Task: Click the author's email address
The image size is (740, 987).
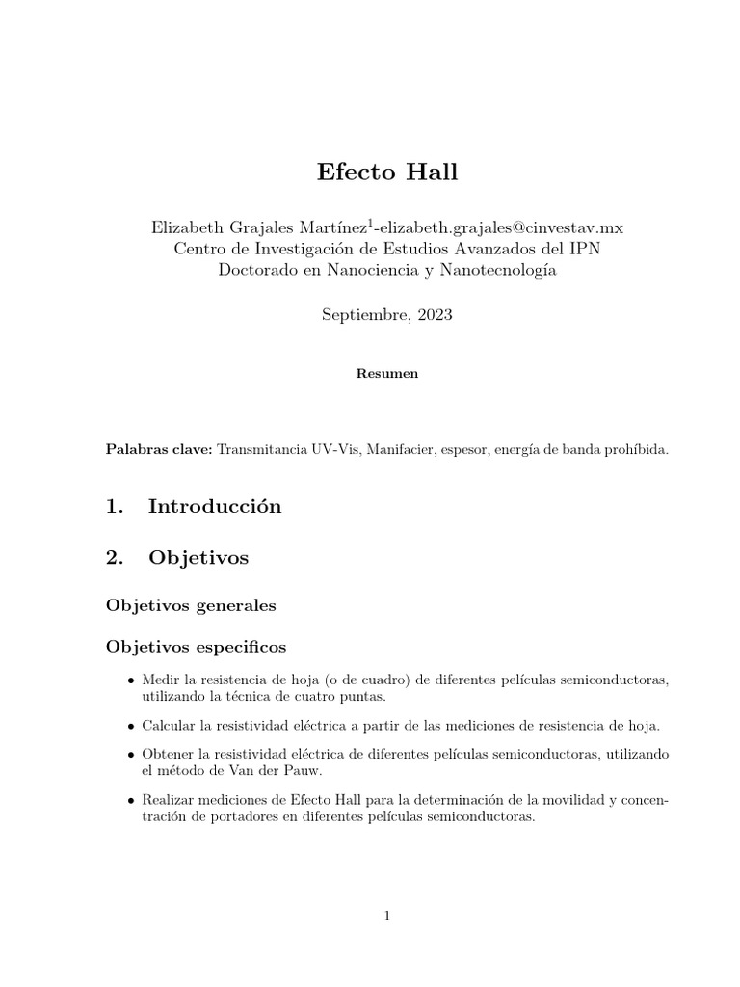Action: pos(500,227)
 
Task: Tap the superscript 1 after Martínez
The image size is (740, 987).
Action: pos(369,222)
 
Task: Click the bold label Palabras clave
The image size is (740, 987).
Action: pos(159,449)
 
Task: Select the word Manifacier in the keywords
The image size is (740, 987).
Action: pos(401,449)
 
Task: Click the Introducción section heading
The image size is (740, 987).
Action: pos(215,507)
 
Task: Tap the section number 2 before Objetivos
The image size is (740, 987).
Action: pos(114,557)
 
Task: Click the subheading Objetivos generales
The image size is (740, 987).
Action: pos(191,605)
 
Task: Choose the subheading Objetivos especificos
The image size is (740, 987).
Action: pos(196,645)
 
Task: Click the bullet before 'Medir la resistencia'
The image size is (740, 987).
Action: pos(131,680)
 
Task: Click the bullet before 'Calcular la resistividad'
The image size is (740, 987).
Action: pos(131,725)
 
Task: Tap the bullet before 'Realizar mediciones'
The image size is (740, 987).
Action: pos(131,800)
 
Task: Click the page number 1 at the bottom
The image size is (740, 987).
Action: pos(386,917)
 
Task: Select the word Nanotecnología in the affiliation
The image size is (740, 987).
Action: pos(498,271)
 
